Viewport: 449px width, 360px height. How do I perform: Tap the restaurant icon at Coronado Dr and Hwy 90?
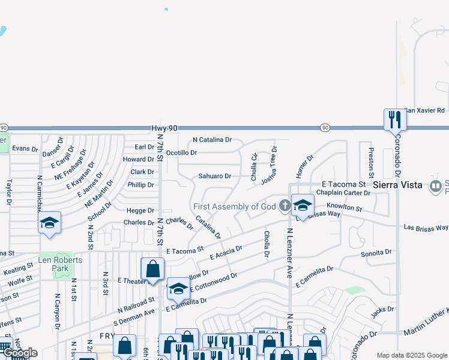point(395,119)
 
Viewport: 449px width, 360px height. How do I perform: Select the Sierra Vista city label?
point(397,185)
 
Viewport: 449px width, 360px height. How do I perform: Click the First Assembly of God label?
point(234,206)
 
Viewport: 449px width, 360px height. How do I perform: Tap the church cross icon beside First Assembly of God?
point(285,206)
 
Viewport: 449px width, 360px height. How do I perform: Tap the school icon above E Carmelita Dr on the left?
point(178,289)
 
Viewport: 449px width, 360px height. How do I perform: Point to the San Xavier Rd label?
point(424,110)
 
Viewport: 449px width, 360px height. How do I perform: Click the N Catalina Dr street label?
point(212,140)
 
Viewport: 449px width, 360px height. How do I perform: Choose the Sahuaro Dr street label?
point(215,176)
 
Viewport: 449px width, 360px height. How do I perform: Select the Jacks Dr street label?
point(382,310)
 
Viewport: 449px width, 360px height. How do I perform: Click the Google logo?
point(19,353)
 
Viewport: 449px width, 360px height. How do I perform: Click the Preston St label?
point(370,159)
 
